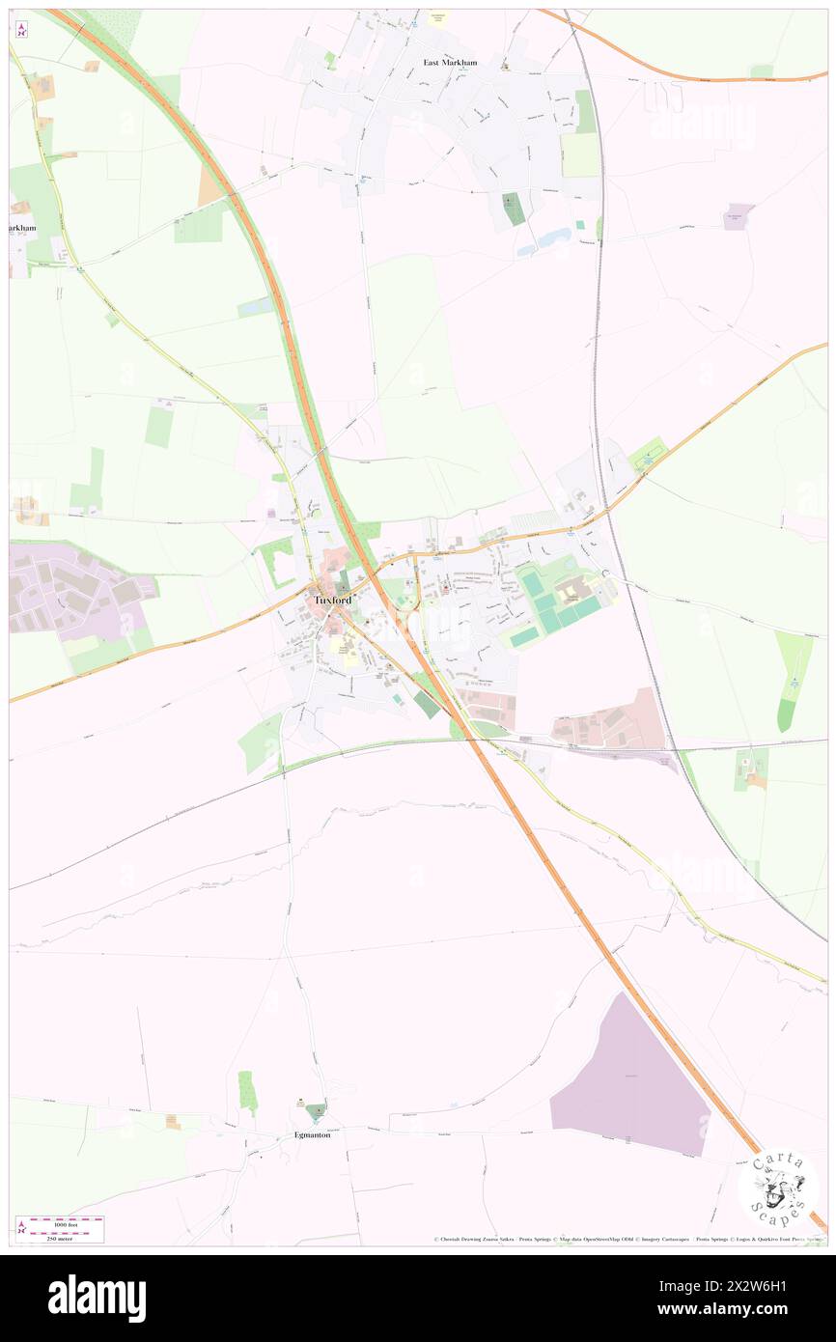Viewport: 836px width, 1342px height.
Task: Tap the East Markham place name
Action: (450, 63)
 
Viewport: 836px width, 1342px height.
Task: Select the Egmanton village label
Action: (313, 1134)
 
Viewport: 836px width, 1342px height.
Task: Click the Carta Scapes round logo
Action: (778, 1187)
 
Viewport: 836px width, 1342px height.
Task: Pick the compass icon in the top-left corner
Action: (21, 29)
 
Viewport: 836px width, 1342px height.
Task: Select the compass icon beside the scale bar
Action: (21, 1227)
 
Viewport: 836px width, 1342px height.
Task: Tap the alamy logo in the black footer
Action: (97, 1298)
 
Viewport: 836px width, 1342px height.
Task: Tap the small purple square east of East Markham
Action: (738, 216)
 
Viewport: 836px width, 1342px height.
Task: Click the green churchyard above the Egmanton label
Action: (316, 1110)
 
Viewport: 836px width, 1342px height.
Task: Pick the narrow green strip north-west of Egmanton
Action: (247, 1091)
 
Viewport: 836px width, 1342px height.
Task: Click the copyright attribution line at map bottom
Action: (627, 1239)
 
